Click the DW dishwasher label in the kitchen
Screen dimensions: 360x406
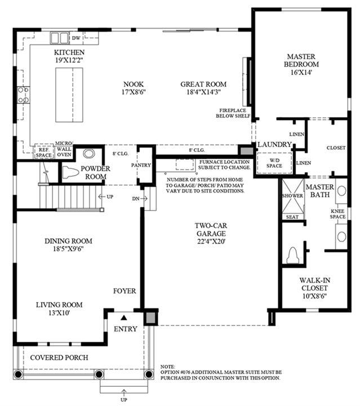click(x=76, y=38)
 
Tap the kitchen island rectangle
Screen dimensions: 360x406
click(x=69, y=95)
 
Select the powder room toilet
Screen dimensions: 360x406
click(x=70, y=173)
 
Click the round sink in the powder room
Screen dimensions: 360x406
click(x=89, y=153)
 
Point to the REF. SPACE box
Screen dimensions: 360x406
click(x=44, y=152)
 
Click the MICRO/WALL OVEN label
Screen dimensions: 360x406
click(x=64, y=149)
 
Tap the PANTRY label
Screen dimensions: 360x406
click(x=141, y=165)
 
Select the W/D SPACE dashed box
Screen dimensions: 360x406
click(x=274, y=163)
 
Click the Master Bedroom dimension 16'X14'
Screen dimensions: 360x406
click(x=301, y=72)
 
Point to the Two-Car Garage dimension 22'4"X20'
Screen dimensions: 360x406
click(x=211, y=242)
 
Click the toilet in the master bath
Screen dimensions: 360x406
click(x=293, y=255)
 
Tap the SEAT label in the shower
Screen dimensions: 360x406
click(x=292, y=217)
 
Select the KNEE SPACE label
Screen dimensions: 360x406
click(x=337, y=214)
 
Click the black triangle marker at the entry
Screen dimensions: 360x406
click(x=124, y=318)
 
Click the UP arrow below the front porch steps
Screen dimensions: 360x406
click(x=124, y=392)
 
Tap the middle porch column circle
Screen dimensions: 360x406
click(x=99, y=374)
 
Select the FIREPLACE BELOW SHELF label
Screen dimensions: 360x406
click(x=233, y=113)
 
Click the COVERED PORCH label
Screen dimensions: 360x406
click(x=59, y=358)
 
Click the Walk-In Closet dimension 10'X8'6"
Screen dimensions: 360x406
click(x=314, y=296)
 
